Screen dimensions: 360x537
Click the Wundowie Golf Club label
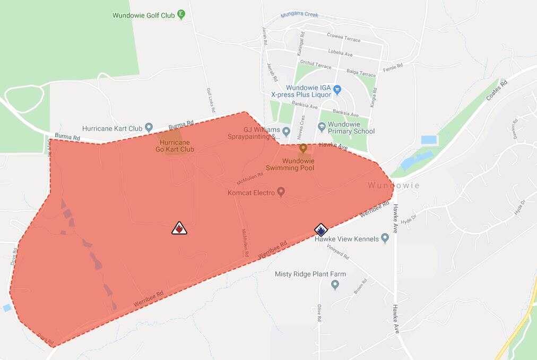pos(143,15)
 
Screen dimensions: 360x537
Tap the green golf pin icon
pos(181,14)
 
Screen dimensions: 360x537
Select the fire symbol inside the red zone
pos(179,228)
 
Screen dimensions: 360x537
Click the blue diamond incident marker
pos(321,229)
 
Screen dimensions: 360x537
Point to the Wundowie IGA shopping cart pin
pos(337,89)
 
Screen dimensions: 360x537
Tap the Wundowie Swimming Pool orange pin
pos(303,148)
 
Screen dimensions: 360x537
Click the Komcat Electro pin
pos(281,191)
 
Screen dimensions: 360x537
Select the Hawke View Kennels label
pos(347,239)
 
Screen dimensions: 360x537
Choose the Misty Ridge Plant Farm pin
pos(335,285)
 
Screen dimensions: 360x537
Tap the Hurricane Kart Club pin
pos(149,127)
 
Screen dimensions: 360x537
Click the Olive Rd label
pos(319,313)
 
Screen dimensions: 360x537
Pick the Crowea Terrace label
pos(344,40)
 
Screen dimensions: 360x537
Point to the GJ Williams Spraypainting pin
pos(287,131)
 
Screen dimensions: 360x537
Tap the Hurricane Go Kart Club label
pos(175,146)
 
